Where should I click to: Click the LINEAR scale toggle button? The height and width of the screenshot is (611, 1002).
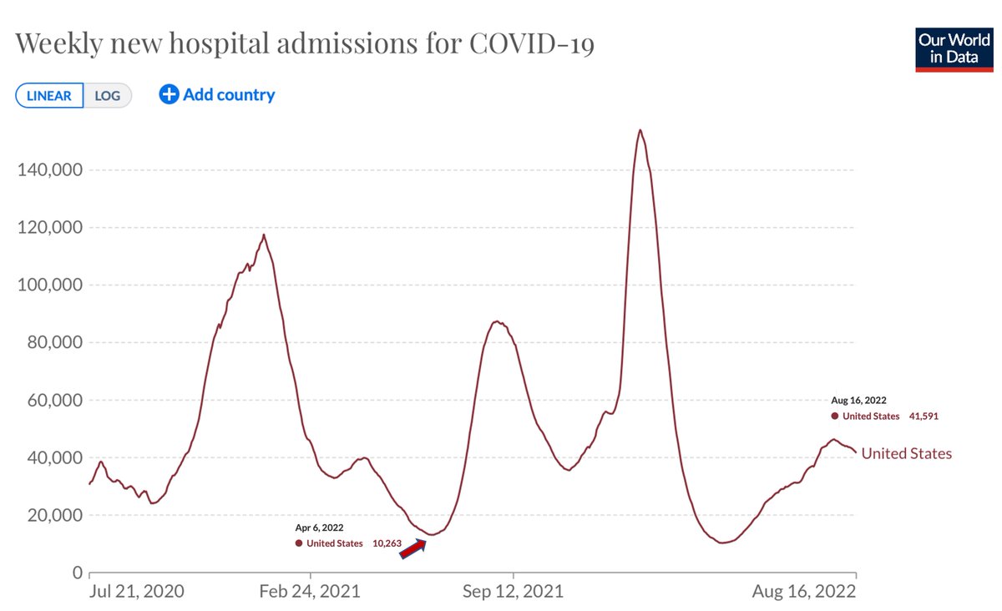(x=49, y=95)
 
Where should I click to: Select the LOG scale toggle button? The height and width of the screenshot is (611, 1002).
(x=108, y=95)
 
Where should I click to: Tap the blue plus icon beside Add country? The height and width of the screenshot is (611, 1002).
(x=169, y=94)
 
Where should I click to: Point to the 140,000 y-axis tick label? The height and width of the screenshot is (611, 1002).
(x=50, y=170)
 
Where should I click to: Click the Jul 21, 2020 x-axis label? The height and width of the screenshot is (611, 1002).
(x=136, y=593)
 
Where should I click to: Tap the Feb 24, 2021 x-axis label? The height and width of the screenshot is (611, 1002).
(x=311, y=593)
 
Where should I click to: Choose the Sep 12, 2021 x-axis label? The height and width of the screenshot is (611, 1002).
(x=513, y=593)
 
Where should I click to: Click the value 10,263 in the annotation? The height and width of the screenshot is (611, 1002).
(x=387, y=543)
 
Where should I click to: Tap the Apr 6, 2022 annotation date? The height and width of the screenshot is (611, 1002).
(x=319, y=528)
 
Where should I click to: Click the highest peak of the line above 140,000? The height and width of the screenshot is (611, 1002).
(x=640, y=130)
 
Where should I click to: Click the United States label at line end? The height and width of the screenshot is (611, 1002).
(x=906, y=454)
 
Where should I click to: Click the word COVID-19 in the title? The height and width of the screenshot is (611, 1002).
(x=532, y=44)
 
